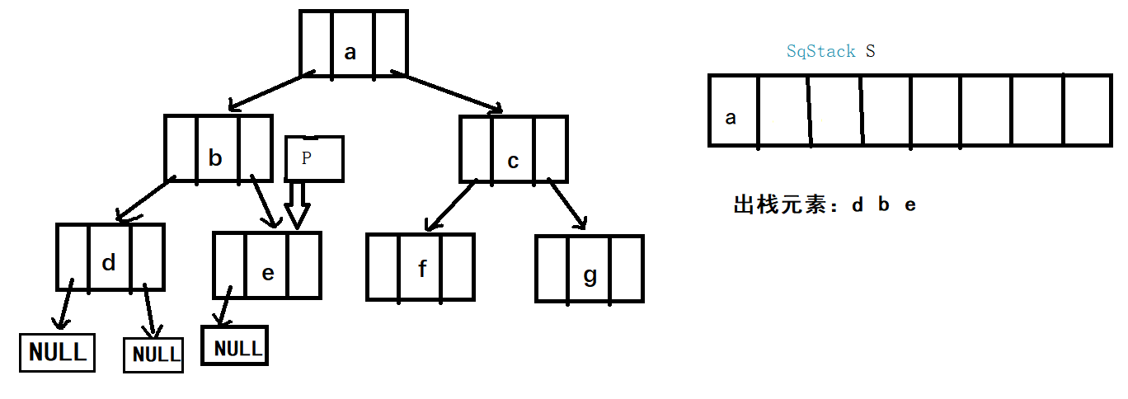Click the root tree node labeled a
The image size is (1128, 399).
[353, 45]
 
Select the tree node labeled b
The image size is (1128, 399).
[218, 148]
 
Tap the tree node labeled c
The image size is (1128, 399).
[513, 149]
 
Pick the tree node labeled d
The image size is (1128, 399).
[110, 256]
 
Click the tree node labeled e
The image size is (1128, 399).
[266, 265]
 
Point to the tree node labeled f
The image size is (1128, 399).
[421, 267]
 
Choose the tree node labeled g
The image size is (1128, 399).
[589, 269]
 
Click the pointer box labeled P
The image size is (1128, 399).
[313, 158]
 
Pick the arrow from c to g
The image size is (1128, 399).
[567, 204]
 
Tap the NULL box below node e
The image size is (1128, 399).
[235, 347]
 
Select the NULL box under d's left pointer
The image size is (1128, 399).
[57, 352]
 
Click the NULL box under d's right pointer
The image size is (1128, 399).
[153, 354]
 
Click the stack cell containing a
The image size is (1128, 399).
[733, 111]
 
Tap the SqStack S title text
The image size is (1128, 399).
[830, 51]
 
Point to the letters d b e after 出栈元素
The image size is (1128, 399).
[884, 205]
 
